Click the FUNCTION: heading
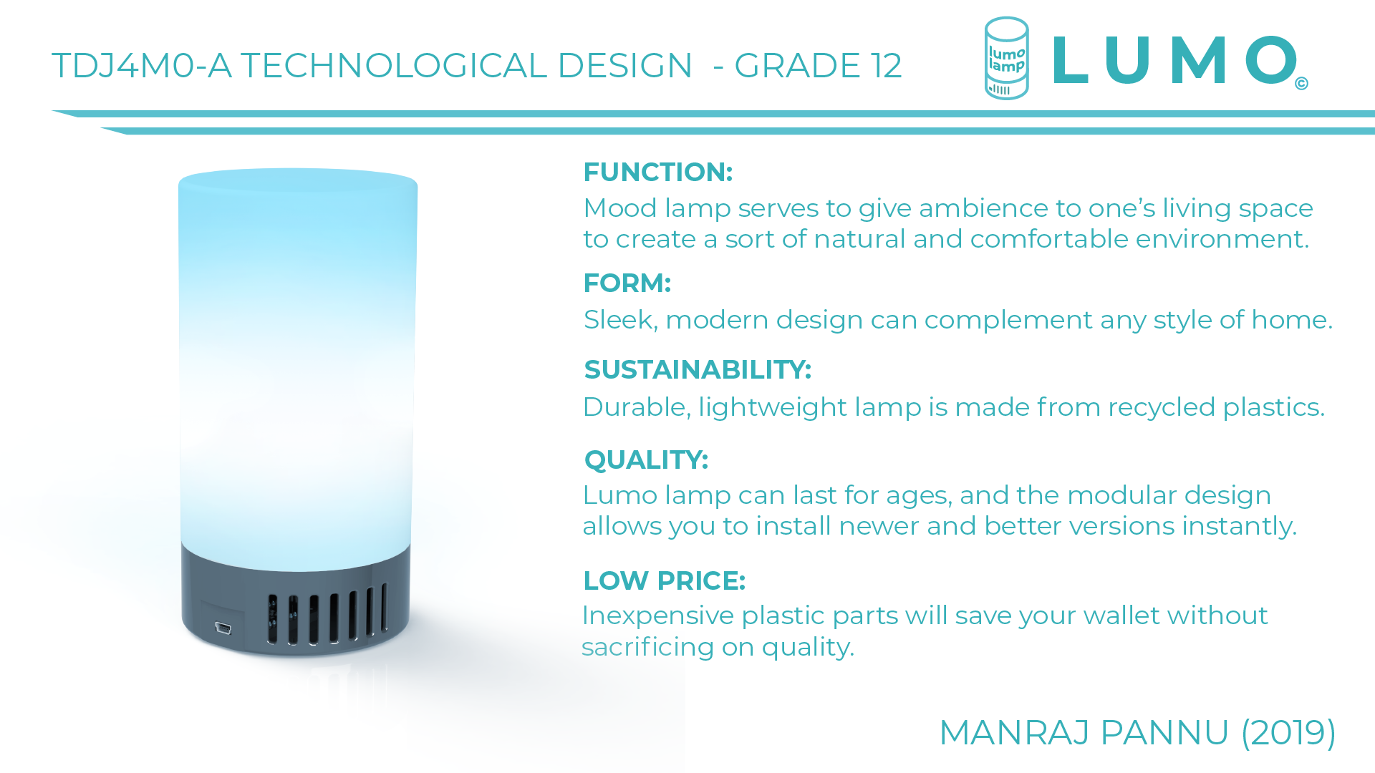click(x=658, y=172)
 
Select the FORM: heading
click(x=627, y=283)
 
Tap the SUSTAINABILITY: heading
click(x=698, y=369)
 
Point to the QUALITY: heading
click(x=646, y=460)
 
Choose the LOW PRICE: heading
click(x=665, y=580)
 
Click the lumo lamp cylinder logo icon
click(x=1006, y=59)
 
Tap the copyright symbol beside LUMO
click(x=1302, y=84)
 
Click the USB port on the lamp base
click(x=223, y=628)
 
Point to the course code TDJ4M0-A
click(x=142, y=66)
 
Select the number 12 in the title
click(x=886, y=66)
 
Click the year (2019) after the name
click(x=1288, y=732)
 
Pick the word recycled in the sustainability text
click(x=1162, y=407)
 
